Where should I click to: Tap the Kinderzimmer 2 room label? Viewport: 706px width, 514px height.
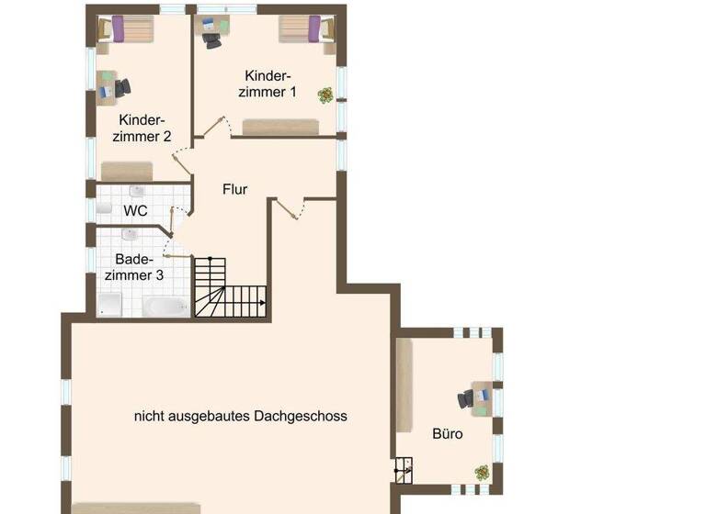click(x=142, y=128)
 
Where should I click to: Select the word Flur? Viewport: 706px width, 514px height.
click(x=235, y=190)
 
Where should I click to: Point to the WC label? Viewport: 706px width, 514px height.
click(x=135, y=210)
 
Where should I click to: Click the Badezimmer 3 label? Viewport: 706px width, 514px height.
click(x=134, y=267)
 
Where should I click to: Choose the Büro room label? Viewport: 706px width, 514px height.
click(x=448, y=433)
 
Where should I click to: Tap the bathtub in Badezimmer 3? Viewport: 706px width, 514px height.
click(x=166, y=306)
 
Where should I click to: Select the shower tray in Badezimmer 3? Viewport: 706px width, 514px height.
click(x=109, y=305)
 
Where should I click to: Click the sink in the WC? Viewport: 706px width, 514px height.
click(x=137, y=191)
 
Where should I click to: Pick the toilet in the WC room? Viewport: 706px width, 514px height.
click(x=104, y=209)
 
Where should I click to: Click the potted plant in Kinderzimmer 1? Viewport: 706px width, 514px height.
click(x=325, y=94)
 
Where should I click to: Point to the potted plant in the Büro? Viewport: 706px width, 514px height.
click(x=482, y=472)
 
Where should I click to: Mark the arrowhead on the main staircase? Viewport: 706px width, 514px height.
click(x=264, y=302)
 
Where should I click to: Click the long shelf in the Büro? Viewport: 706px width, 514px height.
click(x=404, y=385)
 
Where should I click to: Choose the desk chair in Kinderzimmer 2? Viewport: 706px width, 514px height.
click(x=121, y=87)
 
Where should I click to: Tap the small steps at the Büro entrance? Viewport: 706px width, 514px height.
click(x=404, y=471)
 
